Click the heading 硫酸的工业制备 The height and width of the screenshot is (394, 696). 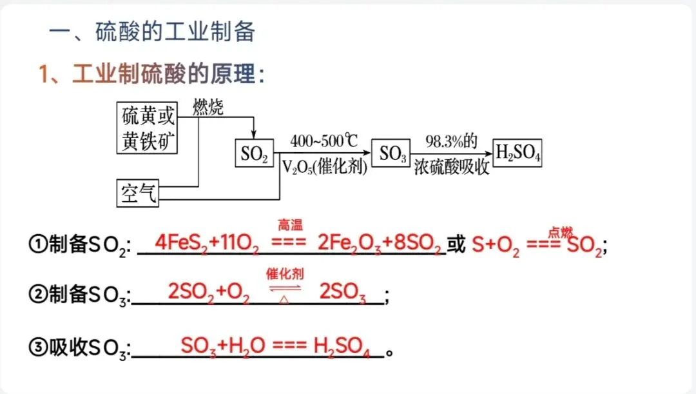coord(175,32)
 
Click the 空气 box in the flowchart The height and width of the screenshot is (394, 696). coord(139,192)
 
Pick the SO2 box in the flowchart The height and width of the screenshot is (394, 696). coord(254,154)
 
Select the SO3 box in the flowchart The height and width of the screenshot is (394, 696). coord(391,153)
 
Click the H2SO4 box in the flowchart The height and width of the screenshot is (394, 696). coord(518,153)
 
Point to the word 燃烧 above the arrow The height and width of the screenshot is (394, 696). coord(208,108)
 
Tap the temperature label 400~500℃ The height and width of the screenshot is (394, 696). coord(324,140)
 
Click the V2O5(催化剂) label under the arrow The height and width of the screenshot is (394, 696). coord(324,168)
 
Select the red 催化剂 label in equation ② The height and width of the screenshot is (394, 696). coord(285,273)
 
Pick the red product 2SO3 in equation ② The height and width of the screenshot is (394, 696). coord(342,294)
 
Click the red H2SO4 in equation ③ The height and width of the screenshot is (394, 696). coord(341,346)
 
